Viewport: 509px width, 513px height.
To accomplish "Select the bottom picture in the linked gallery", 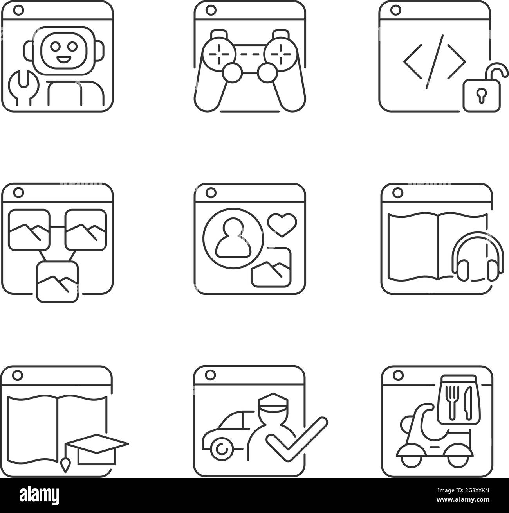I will coord(57,281).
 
